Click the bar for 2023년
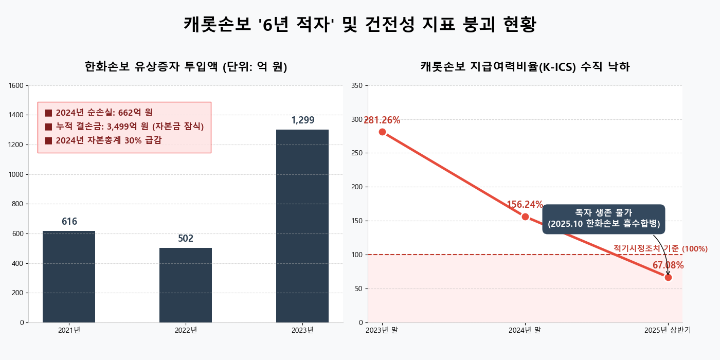(x=302, y=226)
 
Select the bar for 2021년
(x=69, y=277)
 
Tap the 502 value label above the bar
(x=186, y=239)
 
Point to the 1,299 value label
(x=302, y=120)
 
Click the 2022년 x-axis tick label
(x=186, y=330)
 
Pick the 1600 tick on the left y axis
(x=17, y=85)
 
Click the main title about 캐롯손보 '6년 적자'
(x=360, y=25)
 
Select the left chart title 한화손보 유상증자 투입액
(x=186, y=67)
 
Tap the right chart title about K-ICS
(x=525, y=67)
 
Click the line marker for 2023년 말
(x=382, y=132)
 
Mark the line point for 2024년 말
(x=525, y=217)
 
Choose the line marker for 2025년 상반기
(x=668, y=277)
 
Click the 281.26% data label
(x=382, y=120)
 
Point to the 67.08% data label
(x=668, y=265)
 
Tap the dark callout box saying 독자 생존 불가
(x=604, y=219)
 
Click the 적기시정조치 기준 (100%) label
(x=660, y=249)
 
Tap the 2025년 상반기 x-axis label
(x=668, y=330)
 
